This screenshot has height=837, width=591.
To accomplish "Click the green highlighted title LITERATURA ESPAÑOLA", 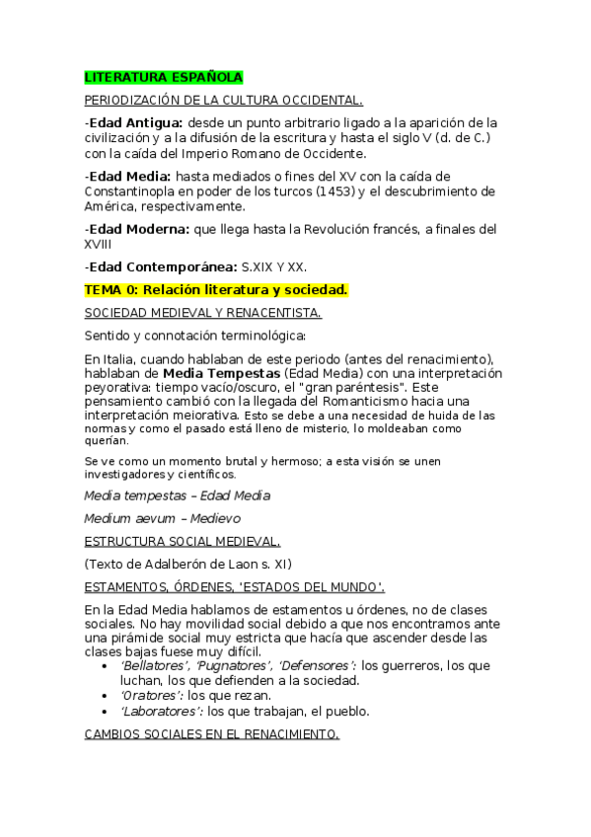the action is pos(163,77).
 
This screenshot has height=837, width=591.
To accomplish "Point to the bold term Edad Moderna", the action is pos(139,229).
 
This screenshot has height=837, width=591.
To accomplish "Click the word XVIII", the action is pos(99,244).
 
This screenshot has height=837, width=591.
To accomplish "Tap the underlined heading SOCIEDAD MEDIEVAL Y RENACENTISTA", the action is pos(202,313).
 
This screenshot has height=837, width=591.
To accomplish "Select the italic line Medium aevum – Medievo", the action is pos(163,517).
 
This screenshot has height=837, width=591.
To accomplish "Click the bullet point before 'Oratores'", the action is pos(106,695).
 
